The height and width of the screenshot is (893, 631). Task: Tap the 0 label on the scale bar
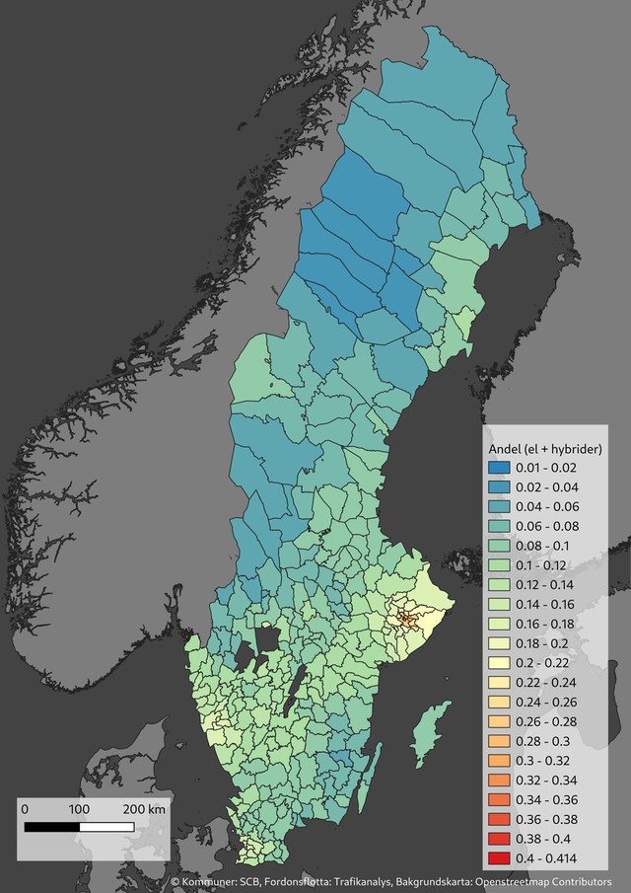pos(25,809)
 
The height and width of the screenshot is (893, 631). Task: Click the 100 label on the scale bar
pos(79,809)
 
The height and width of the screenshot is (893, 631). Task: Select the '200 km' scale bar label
pos(144,809)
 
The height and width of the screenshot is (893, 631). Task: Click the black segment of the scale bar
pos(51,826)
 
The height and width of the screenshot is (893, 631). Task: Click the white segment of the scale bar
pos(106,826)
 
